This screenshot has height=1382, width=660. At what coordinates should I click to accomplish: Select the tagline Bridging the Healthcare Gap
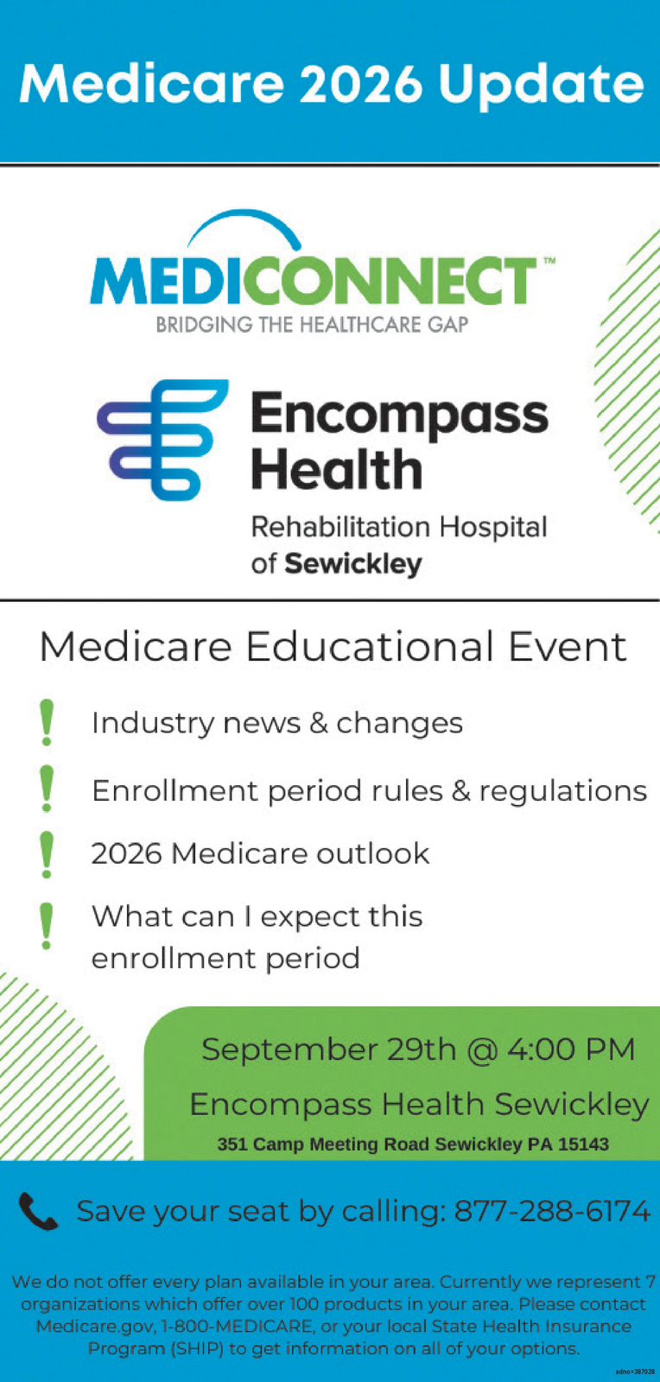coord(312,325)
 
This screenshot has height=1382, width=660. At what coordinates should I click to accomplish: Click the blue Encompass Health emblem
coord(162,440)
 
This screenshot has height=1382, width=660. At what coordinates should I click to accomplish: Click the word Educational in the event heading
coord(370,647)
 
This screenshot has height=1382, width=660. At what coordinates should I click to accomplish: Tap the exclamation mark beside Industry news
coord(47,722)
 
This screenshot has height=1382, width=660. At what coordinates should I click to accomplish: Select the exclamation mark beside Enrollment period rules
coord(47,789)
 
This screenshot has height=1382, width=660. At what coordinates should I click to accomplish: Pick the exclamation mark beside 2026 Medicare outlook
coord(47,854)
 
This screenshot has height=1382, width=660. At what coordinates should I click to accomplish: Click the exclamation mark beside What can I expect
coord(47,926)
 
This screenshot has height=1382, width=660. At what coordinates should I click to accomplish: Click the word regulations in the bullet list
coord(563,791)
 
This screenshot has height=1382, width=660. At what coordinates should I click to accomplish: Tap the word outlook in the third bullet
coord(372,854)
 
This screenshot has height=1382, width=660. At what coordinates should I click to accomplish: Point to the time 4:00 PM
coord(570,1049)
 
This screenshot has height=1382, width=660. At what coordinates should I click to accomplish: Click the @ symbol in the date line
coord(482,1050)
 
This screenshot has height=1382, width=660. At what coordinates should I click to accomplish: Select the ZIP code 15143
coord(583,1144)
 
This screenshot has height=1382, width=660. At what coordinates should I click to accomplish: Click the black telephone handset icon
coord(38,1211)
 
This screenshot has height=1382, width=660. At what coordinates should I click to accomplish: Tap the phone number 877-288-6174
coord(552,1211)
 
